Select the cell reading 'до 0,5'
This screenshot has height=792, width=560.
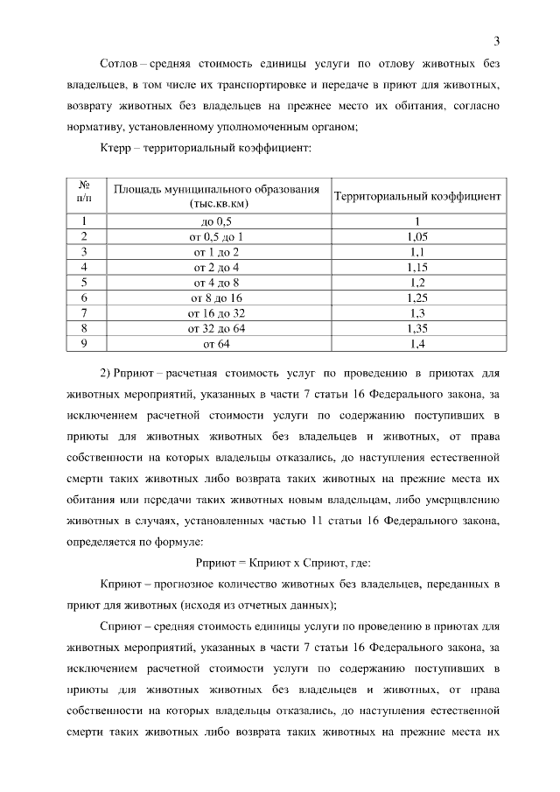[x=215, y=221]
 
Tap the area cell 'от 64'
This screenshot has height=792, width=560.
[x=215, y=344]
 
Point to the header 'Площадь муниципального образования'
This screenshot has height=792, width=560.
[x=215, y=188]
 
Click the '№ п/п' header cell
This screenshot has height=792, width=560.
[x=85, y=193]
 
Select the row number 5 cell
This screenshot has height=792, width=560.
[x=85, y=283]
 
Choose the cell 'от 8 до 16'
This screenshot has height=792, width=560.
[x=215, y=298]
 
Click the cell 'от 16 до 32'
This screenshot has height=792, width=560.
[x=215, y=313]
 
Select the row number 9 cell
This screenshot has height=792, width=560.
[x=85, y=344]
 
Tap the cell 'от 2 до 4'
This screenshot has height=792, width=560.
[x=215, y=267]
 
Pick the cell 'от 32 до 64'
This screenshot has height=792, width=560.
[x=215, y=328]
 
